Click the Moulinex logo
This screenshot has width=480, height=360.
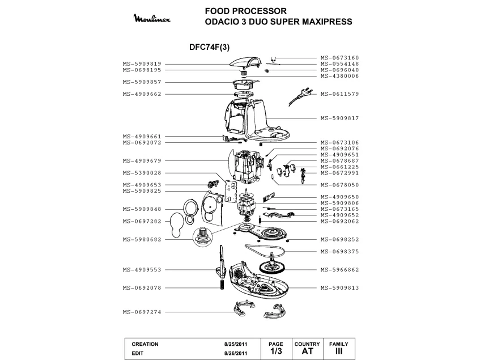click(x=152, y=18)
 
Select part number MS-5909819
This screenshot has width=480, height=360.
click(x=142, y=64)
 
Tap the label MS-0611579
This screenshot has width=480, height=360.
click(x=339, y=94)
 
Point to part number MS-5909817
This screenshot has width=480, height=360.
click(x=339, y=118)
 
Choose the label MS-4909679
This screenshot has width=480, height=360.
click(x=142, y=160)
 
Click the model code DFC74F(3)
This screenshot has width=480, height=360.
click(x=209, y=47)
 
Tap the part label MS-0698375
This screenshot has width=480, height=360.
click(x=339, y=252)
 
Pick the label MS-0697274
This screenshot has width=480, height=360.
click(x=142, y=312)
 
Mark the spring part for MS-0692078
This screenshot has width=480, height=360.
click(x=222, y=285)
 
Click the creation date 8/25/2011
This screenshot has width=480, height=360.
click(x=236, y=344)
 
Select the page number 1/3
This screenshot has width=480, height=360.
click(x=276, y=351)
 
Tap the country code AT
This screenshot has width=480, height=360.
click(x=307, y=351)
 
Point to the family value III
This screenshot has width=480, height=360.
click(x=339, y=351)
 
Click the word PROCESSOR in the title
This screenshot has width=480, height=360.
click(x=260, y=11)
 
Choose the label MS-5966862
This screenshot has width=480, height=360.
click(x=339, y=270)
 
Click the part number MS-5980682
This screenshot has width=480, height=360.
click(x=142, y=239)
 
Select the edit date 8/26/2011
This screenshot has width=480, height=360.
click(x=236, y=353)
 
